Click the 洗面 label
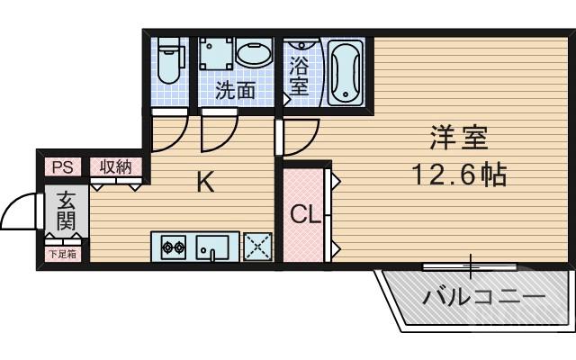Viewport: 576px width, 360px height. point(235,90)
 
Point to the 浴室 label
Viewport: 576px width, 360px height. point(298,75)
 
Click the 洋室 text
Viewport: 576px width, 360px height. point(458,140)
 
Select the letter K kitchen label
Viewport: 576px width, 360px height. point(205,184)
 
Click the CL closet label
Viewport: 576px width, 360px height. point(304,215)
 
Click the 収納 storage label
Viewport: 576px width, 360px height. point(115,166)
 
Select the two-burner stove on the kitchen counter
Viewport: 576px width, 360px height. point(173,246)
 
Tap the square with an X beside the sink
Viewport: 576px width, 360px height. point(256,246)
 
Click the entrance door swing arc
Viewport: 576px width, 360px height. point(20,214)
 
